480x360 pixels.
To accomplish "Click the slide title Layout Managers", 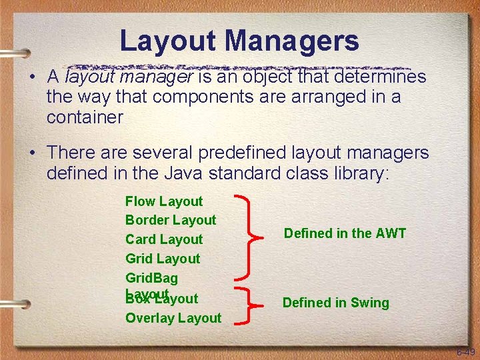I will point(239,41).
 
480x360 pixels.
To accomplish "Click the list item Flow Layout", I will point(164,201).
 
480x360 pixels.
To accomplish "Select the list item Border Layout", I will point(171,220).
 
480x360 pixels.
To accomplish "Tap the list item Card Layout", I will point(164,239).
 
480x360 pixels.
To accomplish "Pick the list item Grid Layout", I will point(163,259).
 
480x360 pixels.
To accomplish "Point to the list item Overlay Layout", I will point(173,318).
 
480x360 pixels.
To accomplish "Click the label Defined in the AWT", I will point(345,233).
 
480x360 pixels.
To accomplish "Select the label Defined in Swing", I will point(335,303).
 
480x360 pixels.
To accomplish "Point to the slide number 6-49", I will point(465,352).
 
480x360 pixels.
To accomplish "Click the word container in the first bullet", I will point(85,118).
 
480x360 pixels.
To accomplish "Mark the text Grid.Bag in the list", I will point(151,278).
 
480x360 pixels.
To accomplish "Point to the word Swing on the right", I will point(370,303).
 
